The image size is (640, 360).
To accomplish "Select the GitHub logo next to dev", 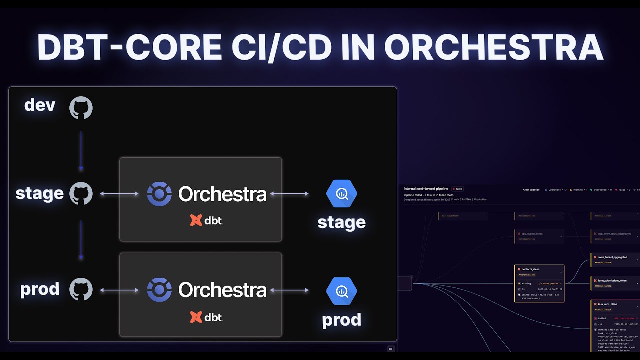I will click(81, 108).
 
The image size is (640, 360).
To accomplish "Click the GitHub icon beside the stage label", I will click(81, 194).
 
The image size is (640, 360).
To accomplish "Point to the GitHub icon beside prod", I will click(81, 290).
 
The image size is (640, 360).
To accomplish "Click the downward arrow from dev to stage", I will click(81, 151).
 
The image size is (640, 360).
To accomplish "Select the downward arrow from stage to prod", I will click(81, 241).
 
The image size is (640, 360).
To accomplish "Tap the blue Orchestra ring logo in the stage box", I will click(159, 194).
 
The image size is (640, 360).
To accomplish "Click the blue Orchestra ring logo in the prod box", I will click(159, 290).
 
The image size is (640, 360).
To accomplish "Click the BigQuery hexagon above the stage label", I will click(342, 194).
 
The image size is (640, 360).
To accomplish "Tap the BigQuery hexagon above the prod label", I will click(342, 291).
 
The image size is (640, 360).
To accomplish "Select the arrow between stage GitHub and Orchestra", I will click(119, 194).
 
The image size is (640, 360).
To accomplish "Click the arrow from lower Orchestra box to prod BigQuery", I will click(289, 290).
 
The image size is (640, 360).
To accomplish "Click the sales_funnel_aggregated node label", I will click(612, 257).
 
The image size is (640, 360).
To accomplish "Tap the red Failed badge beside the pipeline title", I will click(457, 189).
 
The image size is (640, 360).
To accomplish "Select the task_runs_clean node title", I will click(607, 304).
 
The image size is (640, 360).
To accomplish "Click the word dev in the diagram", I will click(40, 105).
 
